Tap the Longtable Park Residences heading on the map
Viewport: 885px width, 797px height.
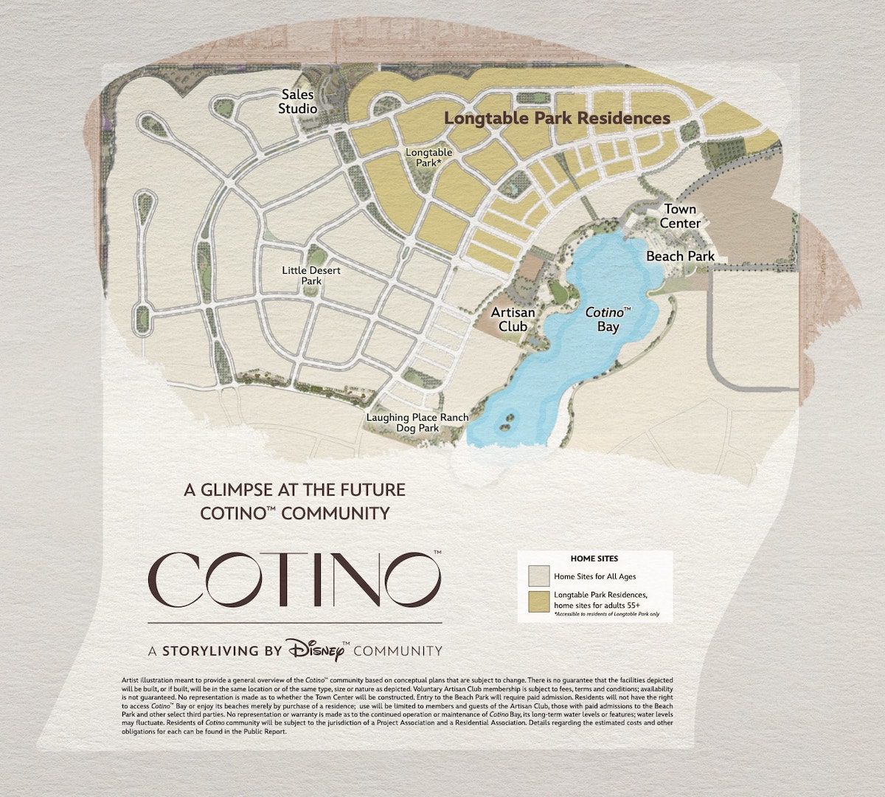557,118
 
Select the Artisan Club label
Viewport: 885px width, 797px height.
513,319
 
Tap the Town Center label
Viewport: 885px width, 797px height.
680,216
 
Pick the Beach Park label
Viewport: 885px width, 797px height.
680,256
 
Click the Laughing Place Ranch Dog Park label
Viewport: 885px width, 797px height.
417,423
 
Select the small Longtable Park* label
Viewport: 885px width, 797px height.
428,158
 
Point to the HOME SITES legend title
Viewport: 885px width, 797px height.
594,559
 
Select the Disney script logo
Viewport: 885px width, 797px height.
318,649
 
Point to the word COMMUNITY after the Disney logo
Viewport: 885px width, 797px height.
398,651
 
